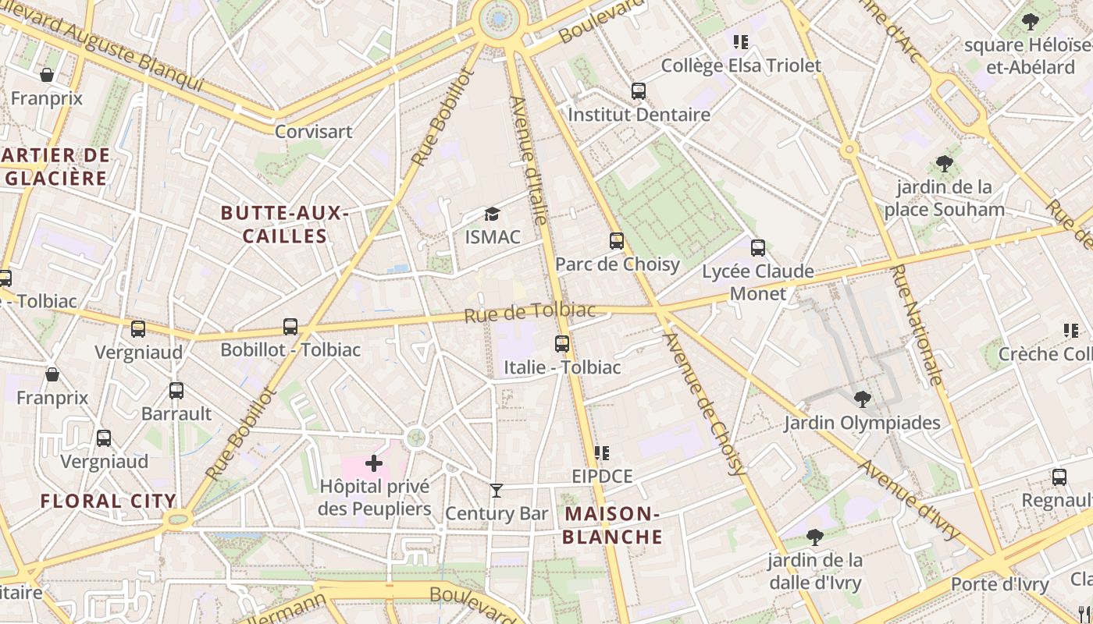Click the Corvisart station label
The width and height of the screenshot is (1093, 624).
(x=313, y=131)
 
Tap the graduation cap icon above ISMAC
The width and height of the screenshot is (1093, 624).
(x=492, y=214)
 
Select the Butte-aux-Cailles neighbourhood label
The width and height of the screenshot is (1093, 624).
(x=284, y=225)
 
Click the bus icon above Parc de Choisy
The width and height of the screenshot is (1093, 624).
(x=617, y=241)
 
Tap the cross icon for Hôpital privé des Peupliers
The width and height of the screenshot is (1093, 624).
(x=374, y=464)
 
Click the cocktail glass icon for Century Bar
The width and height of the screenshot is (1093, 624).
(x=496, y=491)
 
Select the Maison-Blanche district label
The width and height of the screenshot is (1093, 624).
(x=612, y=525)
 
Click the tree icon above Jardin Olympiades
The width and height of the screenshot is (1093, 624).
(x=862, y=399)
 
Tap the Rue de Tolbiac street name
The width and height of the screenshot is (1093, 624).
(x=529, y=312)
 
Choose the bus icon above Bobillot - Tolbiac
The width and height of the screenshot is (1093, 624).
(x=290, y=327)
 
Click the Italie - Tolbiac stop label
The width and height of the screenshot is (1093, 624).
(x=562, y=367)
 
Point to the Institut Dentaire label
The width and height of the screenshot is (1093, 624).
(x=639, y=115)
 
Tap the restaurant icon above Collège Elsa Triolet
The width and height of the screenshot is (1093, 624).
(x=740, y=42)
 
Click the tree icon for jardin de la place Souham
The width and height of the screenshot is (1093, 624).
(x=945, y=164)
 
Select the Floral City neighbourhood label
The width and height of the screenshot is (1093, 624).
(x=108, y=501)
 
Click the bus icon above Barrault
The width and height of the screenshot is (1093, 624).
(x=176, y=391)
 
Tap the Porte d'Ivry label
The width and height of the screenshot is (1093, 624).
(x=992, y=584)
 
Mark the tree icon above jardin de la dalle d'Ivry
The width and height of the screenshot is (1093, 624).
(x=815, y=537)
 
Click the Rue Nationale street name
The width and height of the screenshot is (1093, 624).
(x=917, y=324)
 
